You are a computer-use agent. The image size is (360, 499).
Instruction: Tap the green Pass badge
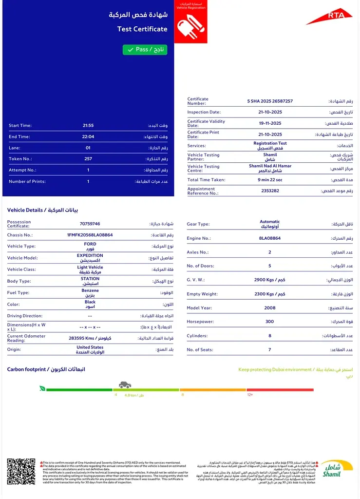tap(145, 50)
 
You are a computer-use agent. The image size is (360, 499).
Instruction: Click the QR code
tap(21, 471)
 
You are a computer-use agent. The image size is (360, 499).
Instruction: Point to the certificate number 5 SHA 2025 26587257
tap(270, 101)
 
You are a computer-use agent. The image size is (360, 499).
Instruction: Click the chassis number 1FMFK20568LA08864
tap(90, 235)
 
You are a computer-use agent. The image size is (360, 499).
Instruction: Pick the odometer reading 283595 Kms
tap(90, 338)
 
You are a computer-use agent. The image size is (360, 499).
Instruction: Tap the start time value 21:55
tap(88, 125)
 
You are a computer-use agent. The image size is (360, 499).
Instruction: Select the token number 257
tap(88, 159)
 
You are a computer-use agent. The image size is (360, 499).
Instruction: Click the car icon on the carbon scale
tap(125, 385)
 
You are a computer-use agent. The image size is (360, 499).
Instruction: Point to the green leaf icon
tap(42, 389)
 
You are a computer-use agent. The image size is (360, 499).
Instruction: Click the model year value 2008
tap(269, 308)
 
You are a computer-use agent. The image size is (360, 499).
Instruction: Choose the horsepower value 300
tap(269, 322)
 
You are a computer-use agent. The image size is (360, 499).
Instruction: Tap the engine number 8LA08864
tap(269, 238)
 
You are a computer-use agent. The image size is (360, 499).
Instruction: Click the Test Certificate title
tap(142, 29)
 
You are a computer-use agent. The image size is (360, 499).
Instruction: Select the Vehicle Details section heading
tap(42, 210)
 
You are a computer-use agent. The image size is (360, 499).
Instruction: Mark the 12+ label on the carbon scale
tap(250, 395)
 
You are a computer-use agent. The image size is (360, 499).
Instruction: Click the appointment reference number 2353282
tap(270, 191)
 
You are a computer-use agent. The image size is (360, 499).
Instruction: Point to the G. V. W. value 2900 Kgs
tap(269, 280)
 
